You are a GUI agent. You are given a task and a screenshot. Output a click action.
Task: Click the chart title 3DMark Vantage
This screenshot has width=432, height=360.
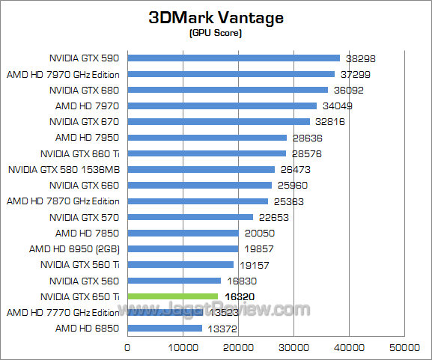coord(216,19)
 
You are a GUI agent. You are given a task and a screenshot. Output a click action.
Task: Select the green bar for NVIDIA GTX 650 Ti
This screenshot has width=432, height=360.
coord(172,296)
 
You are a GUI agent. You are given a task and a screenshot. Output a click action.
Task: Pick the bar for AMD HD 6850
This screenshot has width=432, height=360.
coord(165,328)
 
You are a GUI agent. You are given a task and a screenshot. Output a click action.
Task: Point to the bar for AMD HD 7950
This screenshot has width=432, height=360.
coord(207,137)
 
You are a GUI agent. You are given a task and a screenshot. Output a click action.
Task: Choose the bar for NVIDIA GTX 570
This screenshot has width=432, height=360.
coord(190,217)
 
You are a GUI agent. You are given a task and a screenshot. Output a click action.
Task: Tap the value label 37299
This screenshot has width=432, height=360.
coord(355,74)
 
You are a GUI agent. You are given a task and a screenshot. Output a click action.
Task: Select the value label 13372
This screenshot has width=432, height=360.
coord(223,329)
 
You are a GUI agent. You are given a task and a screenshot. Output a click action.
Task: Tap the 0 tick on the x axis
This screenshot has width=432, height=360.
coord(127,347)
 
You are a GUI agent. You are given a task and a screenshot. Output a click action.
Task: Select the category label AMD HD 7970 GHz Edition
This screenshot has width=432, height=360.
coord(63,74)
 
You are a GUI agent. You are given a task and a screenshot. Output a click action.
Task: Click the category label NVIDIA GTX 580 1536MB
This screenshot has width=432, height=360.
coord(64,169)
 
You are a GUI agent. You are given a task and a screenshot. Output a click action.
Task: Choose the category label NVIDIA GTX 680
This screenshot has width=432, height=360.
coord(85,90)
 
